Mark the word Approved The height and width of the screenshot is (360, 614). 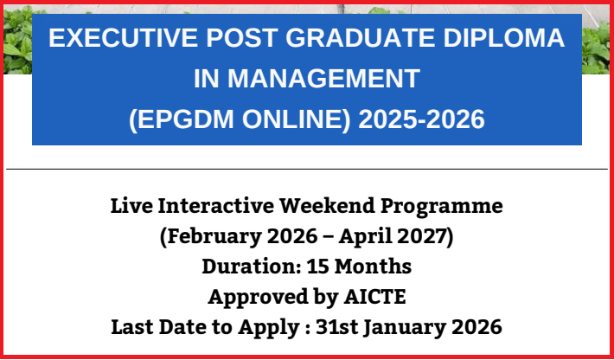[254, 297]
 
